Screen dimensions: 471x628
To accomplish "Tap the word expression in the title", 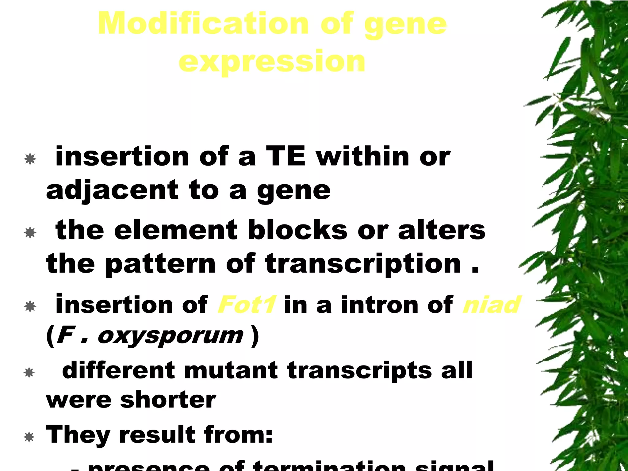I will tap(272, 61).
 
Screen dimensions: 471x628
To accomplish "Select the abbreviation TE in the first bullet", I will tap(285, 157).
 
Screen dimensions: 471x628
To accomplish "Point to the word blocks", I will tap(297, 230).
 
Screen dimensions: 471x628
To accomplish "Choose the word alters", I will tap(442, 230).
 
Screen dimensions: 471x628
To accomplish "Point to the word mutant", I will tap(231, 370).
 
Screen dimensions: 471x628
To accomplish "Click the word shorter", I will tap(168, 400).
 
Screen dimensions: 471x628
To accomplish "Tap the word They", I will tap(78, 435).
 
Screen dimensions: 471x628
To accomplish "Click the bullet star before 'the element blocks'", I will tap(30, 233).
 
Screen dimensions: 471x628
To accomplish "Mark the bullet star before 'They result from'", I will tap(29, 437).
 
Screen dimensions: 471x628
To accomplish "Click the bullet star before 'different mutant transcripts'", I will tap(29, 373).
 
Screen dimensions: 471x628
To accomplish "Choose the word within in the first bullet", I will tap(362, 157).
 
